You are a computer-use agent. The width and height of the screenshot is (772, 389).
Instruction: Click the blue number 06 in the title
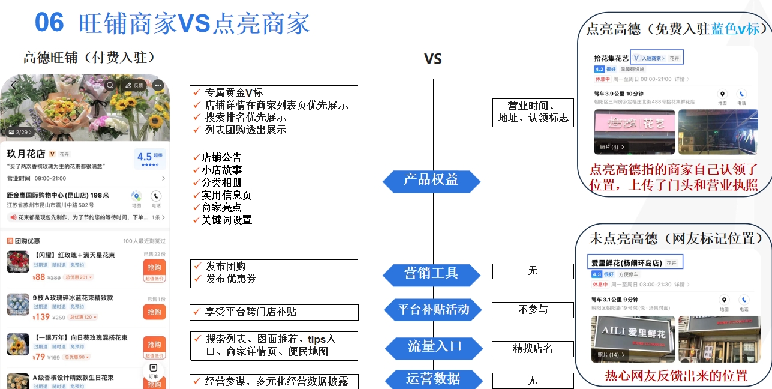point(49,22)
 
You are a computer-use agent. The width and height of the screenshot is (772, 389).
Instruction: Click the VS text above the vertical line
point(432,59)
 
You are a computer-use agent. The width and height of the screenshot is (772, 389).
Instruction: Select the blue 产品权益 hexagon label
point(431,180)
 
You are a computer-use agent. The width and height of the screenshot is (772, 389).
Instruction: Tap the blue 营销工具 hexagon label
point(431,274)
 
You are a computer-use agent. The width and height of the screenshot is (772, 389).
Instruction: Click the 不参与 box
point(533,310)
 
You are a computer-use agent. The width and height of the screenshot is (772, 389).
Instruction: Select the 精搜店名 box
point(533,349)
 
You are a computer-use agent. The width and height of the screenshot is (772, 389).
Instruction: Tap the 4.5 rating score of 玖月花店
point(144,157)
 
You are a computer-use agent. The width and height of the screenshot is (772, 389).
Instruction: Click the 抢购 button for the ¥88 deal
point(154,268)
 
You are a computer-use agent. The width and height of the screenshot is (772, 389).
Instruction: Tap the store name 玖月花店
point(26,154)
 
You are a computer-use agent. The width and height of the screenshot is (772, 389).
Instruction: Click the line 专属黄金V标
point(234,92)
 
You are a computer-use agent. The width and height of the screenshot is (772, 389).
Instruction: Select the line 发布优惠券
point(230,279)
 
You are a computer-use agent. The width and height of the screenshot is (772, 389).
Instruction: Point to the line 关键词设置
point(226,220)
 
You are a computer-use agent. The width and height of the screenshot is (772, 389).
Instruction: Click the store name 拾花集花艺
point(611,58)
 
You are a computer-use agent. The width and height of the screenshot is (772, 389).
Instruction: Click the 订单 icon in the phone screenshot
point(154,370)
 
